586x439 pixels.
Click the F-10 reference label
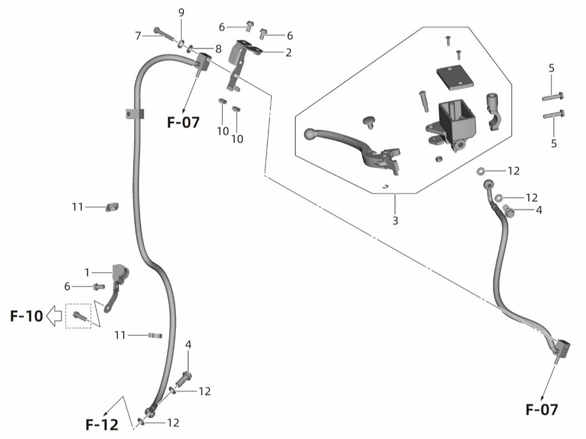coord(26,316)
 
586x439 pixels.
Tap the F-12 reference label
coord(102,424)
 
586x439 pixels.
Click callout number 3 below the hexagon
coord(396,221)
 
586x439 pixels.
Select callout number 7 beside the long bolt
coord(138,36)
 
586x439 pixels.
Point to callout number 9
coord(181,13)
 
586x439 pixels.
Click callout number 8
coord(218,49)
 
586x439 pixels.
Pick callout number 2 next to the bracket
coord(288,53)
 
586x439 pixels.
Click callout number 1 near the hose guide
coord(87,273)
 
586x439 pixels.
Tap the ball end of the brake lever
coord(311,135)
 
